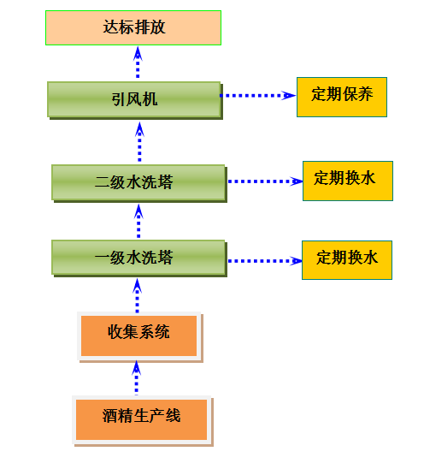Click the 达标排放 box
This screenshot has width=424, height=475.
[x=133, y=28]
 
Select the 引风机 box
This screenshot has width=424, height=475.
[x=135, y=100]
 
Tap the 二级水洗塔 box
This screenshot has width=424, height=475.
[x=139, y=183]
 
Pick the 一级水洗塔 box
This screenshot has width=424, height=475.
[x=139, y=258]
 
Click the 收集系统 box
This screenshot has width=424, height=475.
[x=139, y=336]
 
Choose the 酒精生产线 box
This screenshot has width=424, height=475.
[x=142, y=420]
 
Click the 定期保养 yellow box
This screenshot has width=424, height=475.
[x=342, y=97]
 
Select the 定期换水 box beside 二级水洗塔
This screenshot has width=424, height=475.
[x=348, y=181]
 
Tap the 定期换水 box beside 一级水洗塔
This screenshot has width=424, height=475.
[x=347, y=260]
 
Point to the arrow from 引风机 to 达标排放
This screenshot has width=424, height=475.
[x=138, y=62]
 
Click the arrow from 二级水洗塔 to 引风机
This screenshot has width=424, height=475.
[x=139, y=142]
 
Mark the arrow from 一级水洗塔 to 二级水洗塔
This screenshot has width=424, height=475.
[x=138, y=221]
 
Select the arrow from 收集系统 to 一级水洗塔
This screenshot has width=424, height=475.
[x=138, y=295]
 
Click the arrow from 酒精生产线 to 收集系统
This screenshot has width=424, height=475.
[x=137, y=377]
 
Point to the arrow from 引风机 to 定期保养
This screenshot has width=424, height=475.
[x=258, y=95]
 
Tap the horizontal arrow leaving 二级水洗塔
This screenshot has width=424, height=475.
[x=265, y=181]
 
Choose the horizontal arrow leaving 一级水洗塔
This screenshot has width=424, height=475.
[x=265, y=261]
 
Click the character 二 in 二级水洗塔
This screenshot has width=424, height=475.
[x=103, y=182]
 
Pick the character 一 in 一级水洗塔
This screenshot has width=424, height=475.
[x=103, y=258]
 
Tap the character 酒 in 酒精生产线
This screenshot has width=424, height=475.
[x=110, y=416]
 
